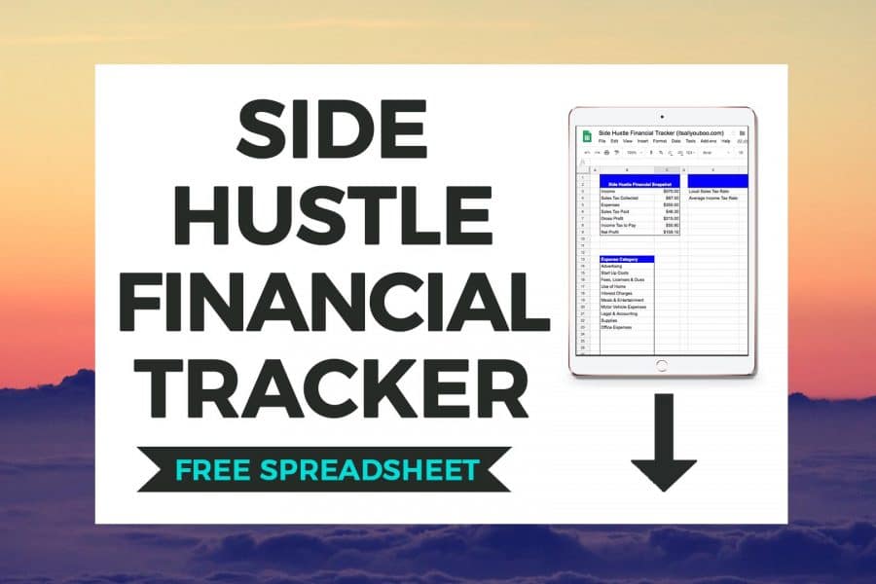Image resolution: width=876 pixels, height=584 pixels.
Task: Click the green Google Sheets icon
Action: click(x=587, y=136)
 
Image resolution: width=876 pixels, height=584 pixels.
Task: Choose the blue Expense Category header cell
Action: click(x=626, y=260)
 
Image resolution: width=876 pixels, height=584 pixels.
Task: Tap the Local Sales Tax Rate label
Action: click(x=710, y=191)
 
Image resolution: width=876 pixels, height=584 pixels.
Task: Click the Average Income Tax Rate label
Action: click(x=712, y=198)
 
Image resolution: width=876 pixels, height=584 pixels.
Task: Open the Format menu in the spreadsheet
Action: click(x=659, y=142)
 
